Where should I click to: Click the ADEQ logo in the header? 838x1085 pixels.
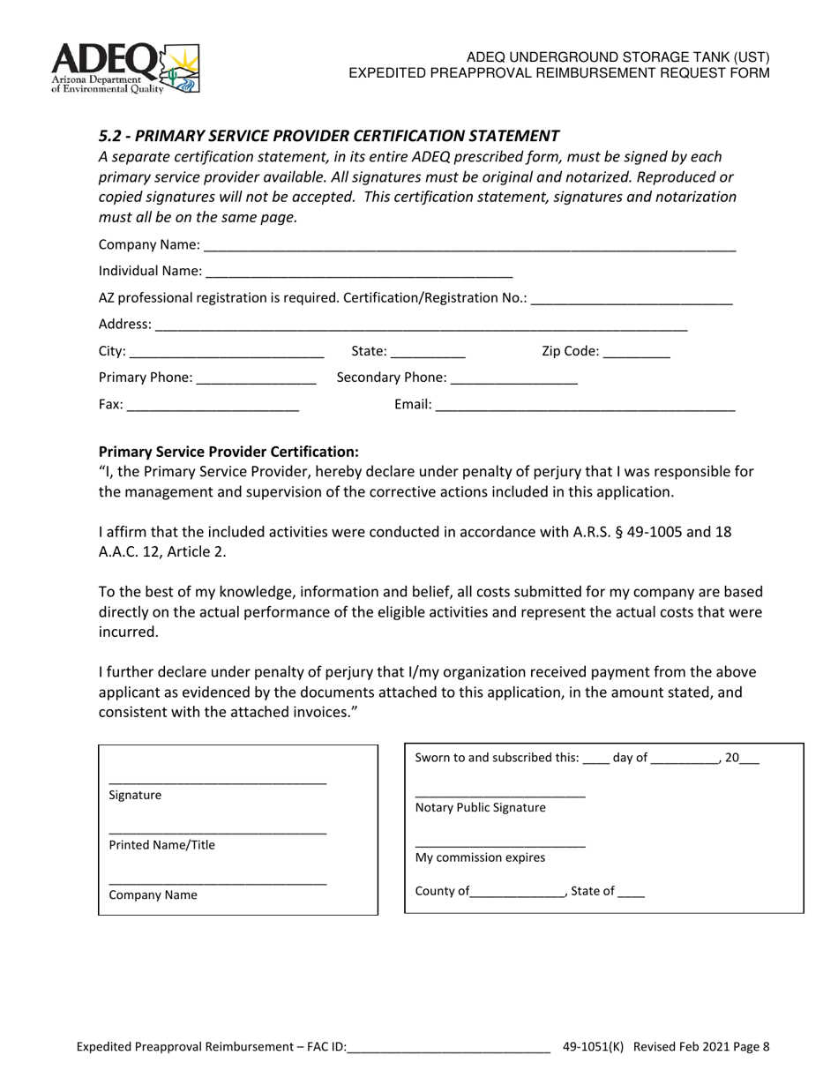pyautogui.click(x=125, y=69)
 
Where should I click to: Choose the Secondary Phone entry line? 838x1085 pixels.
pyautogui.click(x=513, y=379)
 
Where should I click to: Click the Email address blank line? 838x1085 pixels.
pyautogui.click(x=585, y=407)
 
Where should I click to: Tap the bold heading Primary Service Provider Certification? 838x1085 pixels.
pyautogui.click(x=228, y=451)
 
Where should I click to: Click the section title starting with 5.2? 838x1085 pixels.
pyautogui.click(x=328, y=136)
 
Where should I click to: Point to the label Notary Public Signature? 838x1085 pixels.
pyautogui.click(x=480, y=807)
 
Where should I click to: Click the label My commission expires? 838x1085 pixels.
pyautogui.click(x=480, y=857)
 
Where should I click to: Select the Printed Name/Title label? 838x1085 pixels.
pyautogui.click(x=161, y=845)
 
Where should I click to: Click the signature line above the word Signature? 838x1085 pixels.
pyautogui.click(x=217, y=782)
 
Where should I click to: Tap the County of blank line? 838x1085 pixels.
pyautogui.click(x=518, y=893)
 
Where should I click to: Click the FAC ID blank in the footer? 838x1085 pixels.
pyautogui.click(x=449, y=1049)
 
